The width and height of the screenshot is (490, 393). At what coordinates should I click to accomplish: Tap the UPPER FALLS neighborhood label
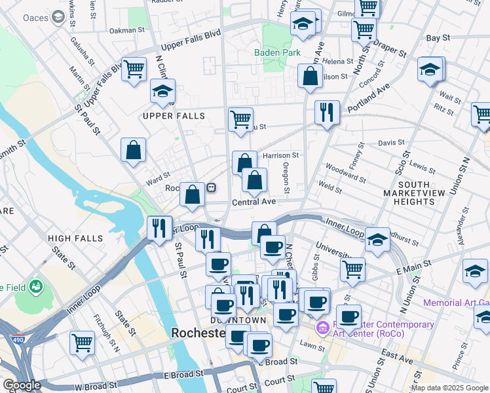[x=174, y=116]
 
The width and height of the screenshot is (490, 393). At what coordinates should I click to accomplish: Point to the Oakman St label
[x=127, y=30]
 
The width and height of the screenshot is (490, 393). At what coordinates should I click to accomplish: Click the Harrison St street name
[x=280, y=156]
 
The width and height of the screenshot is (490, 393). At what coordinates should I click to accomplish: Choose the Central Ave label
[x=254, y=202]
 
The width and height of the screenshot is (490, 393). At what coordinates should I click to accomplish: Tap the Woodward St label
[x=345, y=173]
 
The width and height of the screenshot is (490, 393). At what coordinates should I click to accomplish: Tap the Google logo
[x=21, y=385]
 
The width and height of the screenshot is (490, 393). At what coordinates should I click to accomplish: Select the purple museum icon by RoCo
[x=322, y=327]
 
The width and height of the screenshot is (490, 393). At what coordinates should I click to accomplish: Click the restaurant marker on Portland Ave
[x=326, y=112]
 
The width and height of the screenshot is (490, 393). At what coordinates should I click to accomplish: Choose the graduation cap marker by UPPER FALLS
[x=162, y=92]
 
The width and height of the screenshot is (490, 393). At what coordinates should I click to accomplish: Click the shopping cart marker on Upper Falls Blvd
[x=134, y=68]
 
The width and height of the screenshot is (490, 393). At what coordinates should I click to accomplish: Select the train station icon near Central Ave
[x=211, y=188]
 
